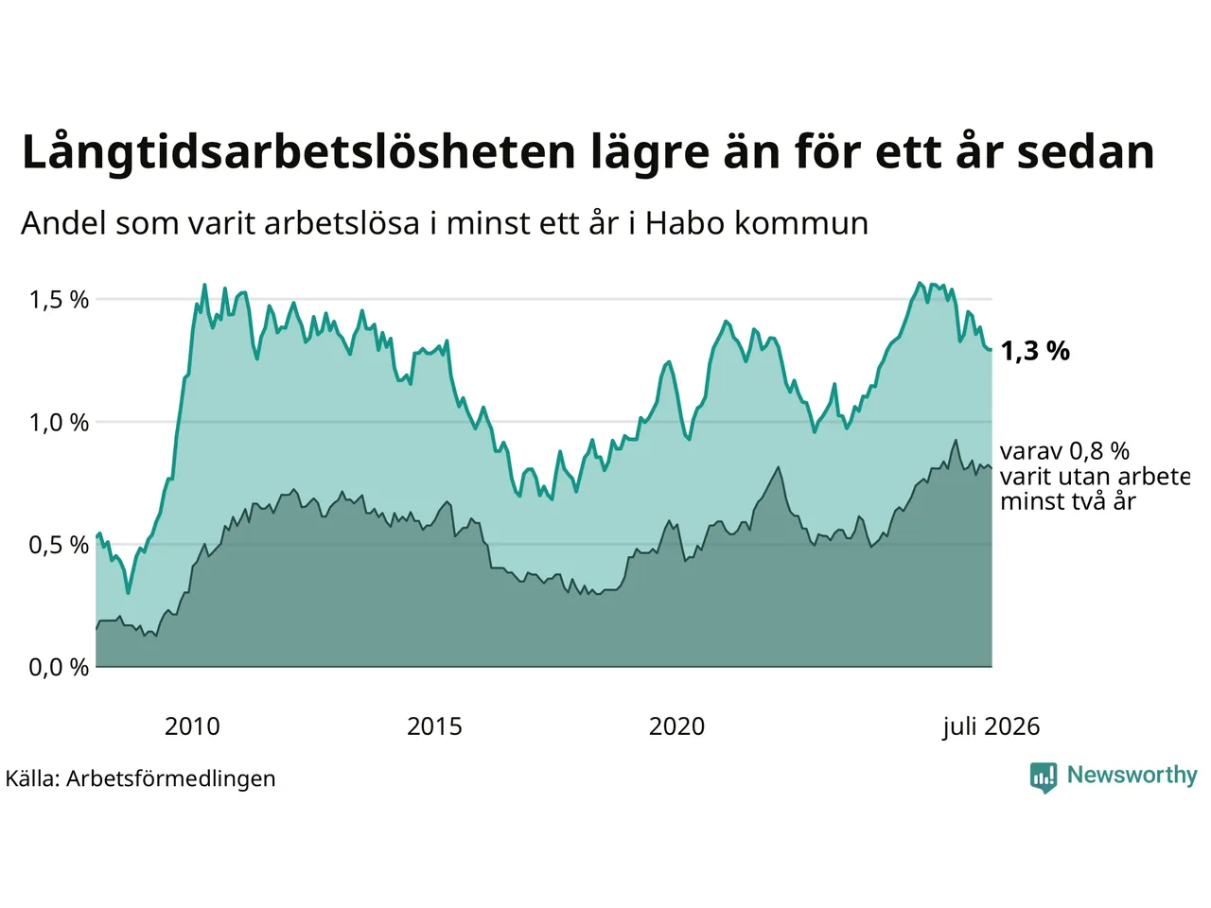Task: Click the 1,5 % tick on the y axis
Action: tap(59, 301)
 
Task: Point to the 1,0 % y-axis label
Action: tap(59, 423)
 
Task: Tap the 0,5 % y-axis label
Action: tap(59, 545)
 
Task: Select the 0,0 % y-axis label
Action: tap(59, 668)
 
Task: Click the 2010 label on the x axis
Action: tap(192, 726)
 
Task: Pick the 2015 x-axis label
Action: tap(434, 726)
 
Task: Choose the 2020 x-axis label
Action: tap(676, 726)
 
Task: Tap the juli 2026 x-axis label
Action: tap(991, 727)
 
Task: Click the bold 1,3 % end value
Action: tap(1035, 351)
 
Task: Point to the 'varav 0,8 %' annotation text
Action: tap(1064, 451)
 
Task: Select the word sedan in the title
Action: tap(1085, 152)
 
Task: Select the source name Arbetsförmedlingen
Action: tap(170, 779)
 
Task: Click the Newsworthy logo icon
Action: tap(1044, 777)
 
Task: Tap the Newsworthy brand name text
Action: tap(1132, 776)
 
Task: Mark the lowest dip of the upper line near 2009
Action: tap(129, 593)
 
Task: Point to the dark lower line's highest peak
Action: tap(955, 440)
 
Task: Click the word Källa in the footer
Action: tap(32, 778)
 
